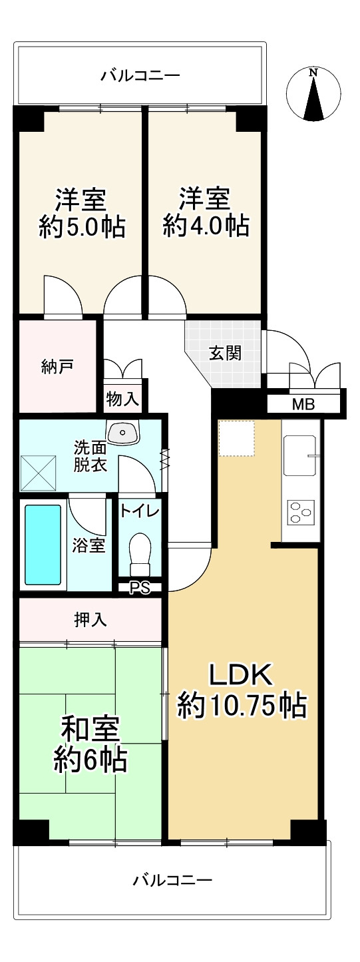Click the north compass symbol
(x=313, y=95)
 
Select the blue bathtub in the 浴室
(x=43, y=544)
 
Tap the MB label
(x=303, y=404)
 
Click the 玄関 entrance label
(x=224, y=353)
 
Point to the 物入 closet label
(x=122, y=399)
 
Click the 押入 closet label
(x=90, y=620)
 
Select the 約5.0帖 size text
(x=81, y=228)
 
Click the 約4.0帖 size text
(x=206, y=228)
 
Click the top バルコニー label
(x=140, y=76)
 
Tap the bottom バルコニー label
(x=172, y=881)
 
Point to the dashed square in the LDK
(x=237, y=438)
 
